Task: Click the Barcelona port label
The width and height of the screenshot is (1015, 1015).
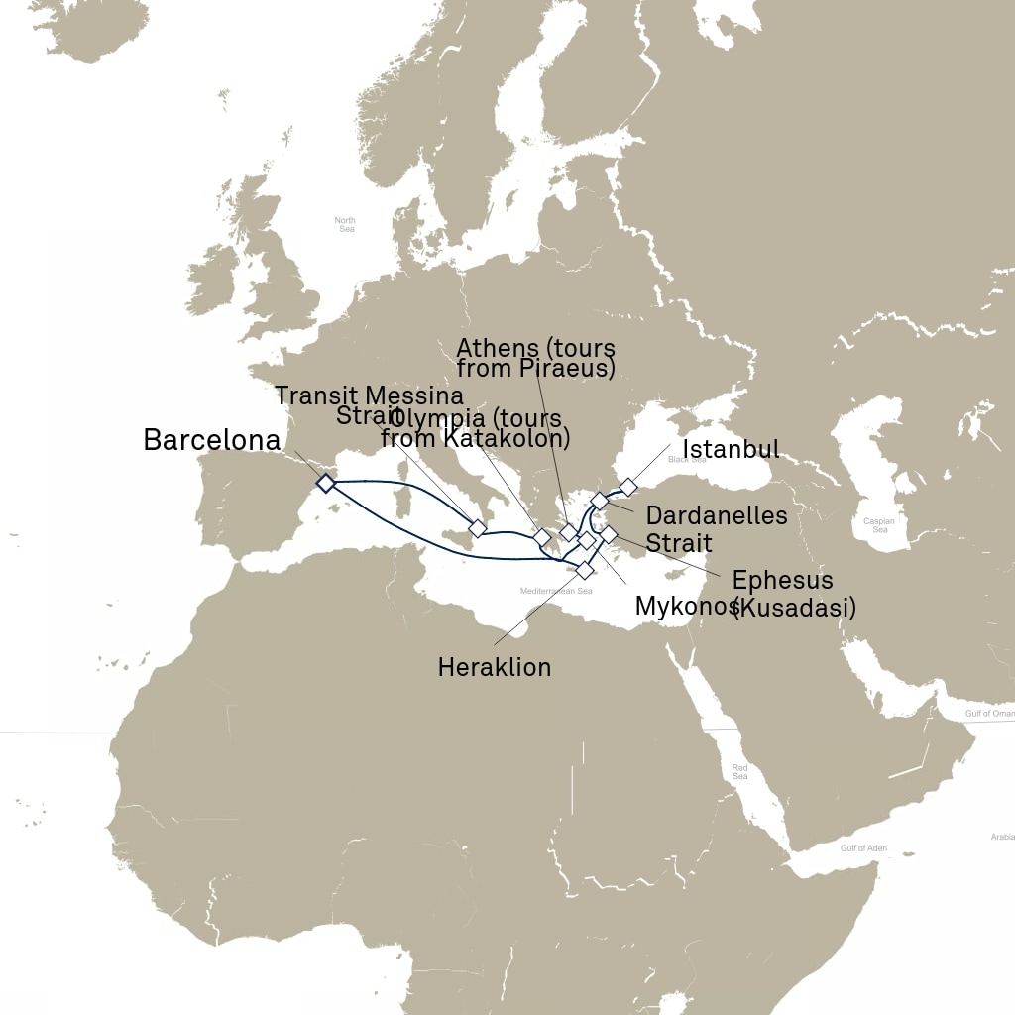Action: pyautogui.click(x=212, y=440)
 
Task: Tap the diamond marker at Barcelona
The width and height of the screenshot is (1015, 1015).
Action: pyautogui.click(x=325, y=483)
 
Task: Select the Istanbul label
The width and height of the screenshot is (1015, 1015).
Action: pyautogui.click(x=732, y=450)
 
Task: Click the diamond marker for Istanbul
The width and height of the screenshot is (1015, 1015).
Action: pyautogui.click(x=627, y=486)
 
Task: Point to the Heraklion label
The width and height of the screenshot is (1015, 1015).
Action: pyautogui.click(x=494, y=667)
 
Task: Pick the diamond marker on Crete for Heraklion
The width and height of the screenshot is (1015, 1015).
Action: pyautogui.click(x=585, y=570)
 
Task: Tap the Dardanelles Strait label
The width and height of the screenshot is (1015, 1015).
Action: pyautogui.click(x=716, y=529)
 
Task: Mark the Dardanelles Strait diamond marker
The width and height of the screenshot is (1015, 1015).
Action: pyautogui.click(x=599, y=501)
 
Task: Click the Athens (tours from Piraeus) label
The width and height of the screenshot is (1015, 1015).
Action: pyautogui.click(x=535, y=359)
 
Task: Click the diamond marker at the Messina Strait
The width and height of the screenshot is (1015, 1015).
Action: pyautogui.click(x=478, y=527)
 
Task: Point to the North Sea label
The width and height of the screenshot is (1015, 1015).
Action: pyautogui.click(x=344, y=225)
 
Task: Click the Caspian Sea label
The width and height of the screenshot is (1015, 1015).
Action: pyautogui.click(x=879, y=525)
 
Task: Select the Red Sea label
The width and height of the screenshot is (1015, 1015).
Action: pyautogui.click(x=739, y=771)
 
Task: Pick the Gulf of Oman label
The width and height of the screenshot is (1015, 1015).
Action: pyautogui.click(x=989, y=713)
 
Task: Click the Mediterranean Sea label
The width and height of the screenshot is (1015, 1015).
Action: pyautogui.click(x=555, y=591)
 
